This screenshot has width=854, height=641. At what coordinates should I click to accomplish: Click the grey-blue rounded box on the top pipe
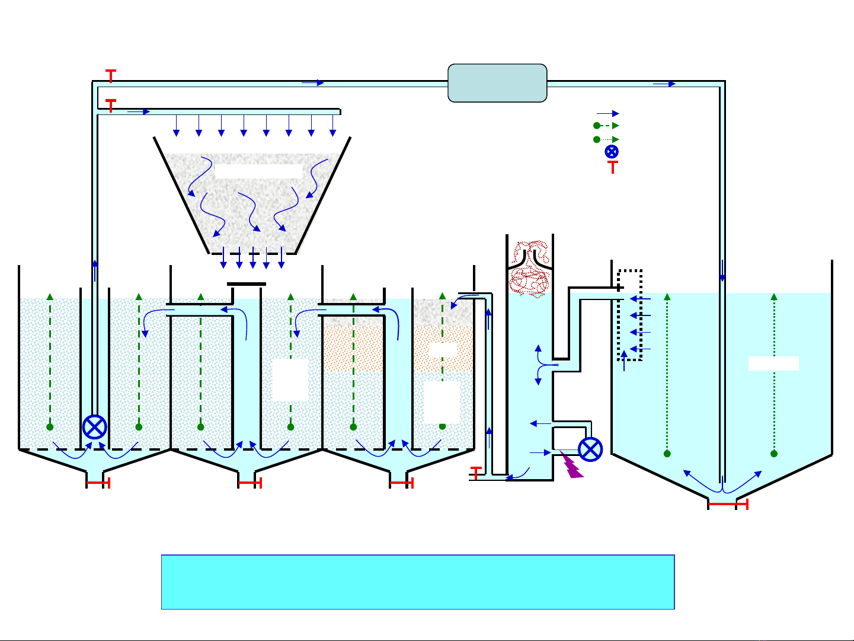tap(497, 83)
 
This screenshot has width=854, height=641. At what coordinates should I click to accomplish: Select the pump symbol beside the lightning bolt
tap(590, 449)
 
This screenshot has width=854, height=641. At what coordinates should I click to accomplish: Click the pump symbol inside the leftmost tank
tap(94, 427)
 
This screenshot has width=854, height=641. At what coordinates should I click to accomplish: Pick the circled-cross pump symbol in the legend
tap(612, 152)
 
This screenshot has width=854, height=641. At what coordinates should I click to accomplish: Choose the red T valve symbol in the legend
tap(612, 167)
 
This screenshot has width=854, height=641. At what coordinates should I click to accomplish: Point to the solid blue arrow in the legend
tap(608, 113)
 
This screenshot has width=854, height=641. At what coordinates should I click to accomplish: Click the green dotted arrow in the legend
tap(607, 139)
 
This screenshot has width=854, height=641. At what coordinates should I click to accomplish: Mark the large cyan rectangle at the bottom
tap(418, 582)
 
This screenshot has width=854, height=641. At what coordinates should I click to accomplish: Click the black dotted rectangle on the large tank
tap(629, 315)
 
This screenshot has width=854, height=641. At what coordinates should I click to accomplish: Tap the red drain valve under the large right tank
tap(728, 504)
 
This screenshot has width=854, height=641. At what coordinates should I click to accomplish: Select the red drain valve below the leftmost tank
tap(98, 483)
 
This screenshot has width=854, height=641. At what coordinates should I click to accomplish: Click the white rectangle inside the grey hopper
tap(258, 172)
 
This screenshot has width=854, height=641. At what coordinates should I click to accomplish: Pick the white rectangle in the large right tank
tap(773, 363)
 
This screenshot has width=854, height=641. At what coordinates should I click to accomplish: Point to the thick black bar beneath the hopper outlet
tap(247, 284)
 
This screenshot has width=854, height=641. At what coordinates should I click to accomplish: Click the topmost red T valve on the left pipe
tap(111, 75)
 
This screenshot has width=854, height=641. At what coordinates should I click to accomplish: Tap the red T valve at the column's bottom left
tap(475, 473)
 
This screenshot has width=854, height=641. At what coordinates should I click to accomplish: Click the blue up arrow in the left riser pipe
tap(94, 270)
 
